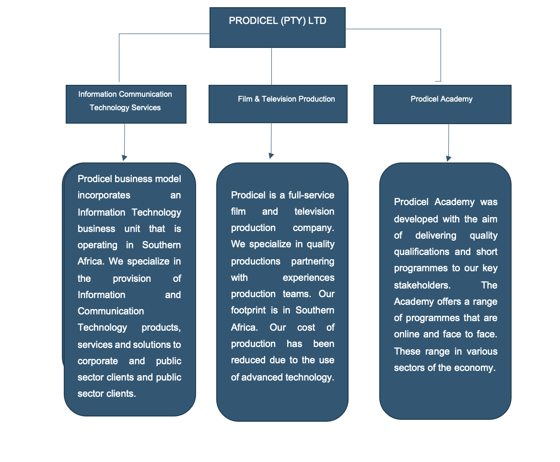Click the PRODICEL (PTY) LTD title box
(278, 27)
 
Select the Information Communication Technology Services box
(126, 104)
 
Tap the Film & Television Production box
(278, 104)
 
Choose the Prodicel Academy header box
(442, 104)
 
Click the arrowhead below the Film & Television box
(271, 155)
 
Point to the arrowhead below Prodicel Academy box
(448, 158)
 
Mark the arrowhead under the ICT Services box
(124, 157)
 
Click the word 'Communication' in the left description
(111, 311)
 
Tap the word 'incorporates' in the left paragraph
(104, 195)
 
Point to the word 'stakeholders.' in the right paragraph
(422, 285)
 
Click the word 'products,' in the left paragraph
(161, 327)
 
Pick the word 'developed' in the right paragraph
(416, 219)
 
